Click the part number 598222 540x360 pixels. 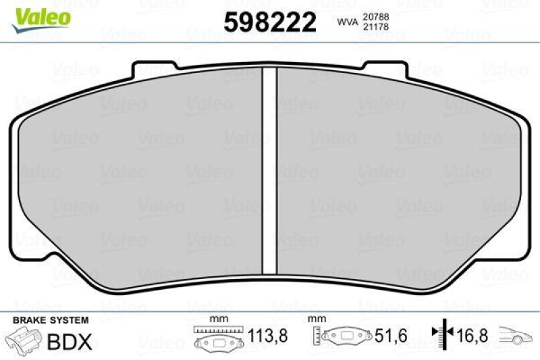pyautogui.click(x=269, y=23)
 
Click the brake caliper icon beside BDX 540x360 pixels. pyautogui.click(x=22, y=341)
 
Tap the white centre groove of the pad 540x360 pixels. pyautogui.click(x=270, y=169)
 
